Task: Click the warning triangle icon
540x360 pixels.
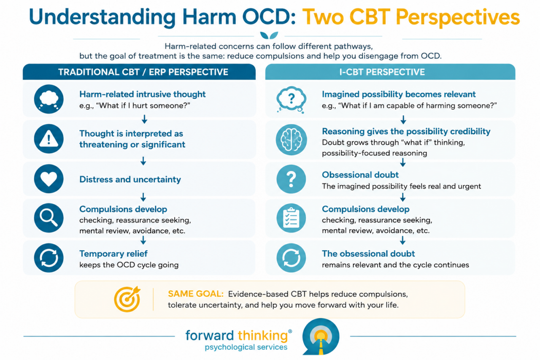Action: [x=49, y=139]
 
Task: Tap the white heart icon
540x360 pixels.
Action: [x=49, y=179]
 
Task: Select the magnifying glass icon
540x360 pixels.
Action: [x=49, y=218]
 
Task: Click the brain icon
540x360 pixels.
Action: [x=291, y=140]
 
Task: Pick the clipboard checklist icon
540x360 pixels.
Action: [x=291, y=218]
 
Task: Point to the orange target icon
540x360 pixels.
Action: [x=127, y=299]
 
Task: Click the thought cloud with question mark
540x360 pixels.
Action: [x=291, y=99]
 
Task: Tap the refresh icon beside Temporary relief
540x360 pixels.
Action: [x=49, y=258]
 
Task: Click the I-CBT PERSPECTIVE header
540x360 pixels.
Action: [x=382, y=72]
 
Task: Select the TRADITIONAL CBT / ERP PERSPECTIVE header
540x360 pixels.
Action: [x=143, y=72]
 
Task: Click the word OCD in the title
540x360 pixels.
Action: [x=269, y=17]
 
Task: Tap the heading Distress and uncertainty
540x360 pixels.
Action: [x=130, y=179]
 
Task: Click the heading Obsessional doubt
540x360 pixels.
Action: [x=360, y=175]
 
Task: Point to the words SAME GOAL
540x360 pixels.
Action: [x=196, y=294]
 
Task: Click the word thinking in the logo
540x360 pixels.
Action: [x=263, y=336]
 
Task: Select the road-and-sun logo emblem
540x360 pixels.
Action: [x=321, y=337]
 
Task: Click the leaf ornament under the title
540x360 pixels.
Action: [x=269, y=35]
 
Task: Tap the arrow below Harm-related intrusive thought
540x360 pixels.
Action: [x=144, y=119]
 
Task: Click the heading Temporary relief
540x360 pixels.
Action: [x=113, y=254]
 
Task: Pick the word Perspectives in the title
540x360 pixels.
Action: [x=458, y=17]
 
